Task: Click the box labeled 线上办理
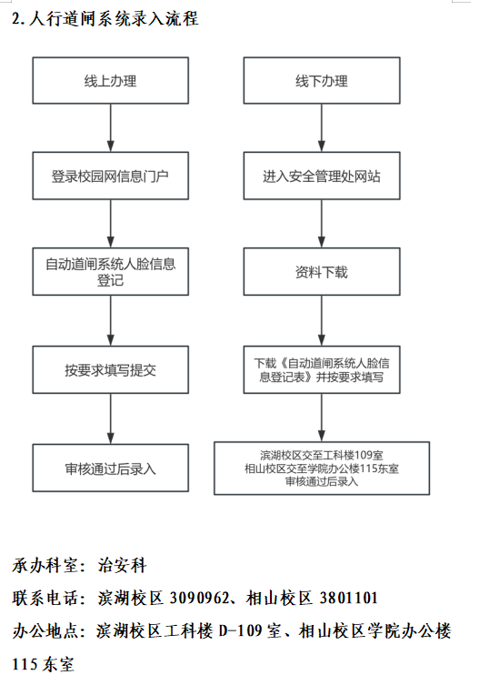(x=110, y=81)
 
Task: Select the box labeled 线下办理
(x=321, y=81)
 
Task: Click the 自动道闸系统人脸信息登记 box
(x=110, y=272)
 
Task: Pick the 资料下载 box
(x=321, y=272)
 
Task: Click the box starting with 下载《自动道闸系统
(x=321, y=370)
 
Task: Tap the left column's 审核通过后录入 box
(x=110, y=468)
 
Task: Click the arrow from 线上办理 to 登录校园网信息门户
(x=110, y=128)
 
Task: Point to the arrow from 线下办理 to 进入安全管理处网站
(x=321, y=128)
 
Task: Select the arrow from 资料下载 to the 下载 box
(x=321, y=320)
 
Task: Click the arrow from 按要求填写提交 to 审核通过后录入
(x=110, y=419)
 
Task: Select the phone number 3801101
(x=346, y=598)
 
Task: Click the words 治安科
(x=122, y=566)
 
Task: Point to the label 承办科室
(x=44, y=566)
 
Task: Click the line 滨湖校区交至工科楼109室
(x=321, y=455)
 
